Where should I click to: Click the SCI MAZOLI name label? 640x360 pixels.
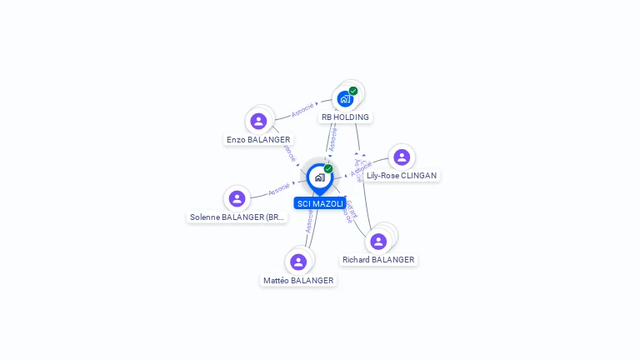click(x=320, y=203)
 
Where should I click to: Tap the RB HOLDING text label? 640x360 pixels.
click(x=345, y=117)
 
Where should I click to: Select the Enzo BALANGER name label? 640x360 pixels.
click(x=258, y=140)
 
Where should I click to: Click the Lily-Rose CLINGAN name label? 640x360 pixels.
click(x=402, y=176)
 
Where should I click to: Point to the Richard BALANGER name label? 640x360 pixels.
click(x=378, y=260)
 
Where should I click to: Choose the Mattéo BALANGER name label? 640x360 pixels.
click(x=298, y=281)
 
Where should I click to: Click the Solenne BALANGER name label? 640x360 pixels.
click(x=237, y=217)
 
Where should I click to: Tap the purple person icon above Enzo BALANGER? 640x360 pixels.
click(x=258, y=121)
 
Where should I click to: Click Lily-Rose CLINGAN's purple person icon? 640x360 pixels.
click(x=402, y=157)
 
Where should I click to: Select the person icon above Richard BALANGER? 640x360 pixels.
click(x=378, y=241)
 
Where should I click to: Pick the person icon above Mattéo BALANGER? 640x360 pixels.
click(x=298, y=262)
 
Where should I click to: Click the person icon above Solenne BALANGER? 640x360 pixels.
click(x=237, y=198)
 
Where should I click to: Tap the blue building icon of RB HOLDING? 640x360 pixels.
click(x=345, y=99)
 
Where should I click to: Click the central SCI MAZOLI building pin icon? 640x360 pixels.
click(x=319, y=177)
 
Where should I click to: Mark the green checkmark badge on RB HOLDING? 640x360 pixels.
click(x=353, y=91)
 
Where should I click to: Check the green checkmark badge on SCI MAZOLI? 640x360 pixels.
click(x=328, y=169)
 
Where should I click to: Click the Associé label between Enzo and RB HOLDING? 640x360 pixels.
click(x=302, y=109)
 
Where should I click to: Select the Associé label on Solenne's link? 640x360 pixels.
click(x=279, y=190)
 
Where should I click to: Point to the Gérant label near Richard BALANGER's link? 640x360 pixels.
click(x=352, y=206)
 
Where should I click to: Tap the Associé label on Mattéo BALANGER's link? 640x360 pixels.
click(x=309, y=222)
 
